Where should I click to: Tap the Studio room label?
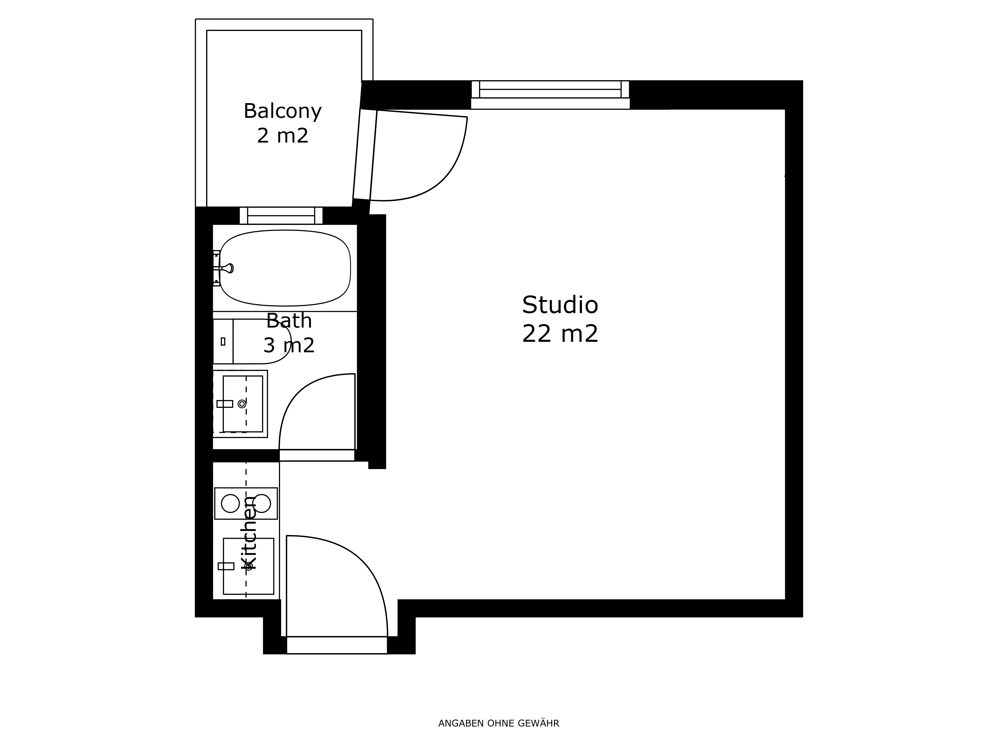point(560,305)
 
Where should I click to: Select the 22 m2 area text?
point(560,334)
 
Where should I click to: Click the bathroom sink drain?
point(242,404)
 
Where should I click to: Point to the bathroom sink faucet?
point(225,404)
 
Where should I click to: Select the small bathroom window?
point(281,215)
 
